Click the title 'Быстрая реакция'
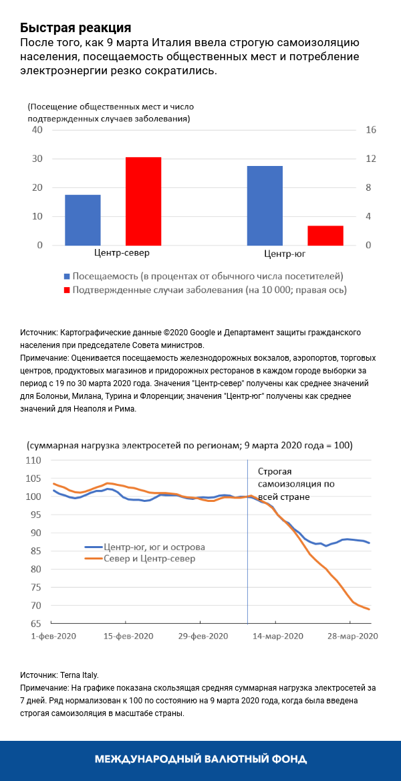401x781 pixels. pyautogui.click(x=75, y=27)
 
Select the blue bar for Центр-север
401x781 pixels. pyautogui.click(x=82, y=220)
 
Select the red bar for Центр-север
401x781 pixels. pyautogui.click(x=144, y=201)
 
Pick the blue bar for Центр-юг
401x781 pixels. pyautogui.click(x=265, y=205)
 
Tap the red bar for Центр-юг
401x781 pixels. pyautogui.click(x=325, y=236)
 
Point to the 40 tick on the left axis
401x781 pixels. pyautogui.click(x=37, y=130)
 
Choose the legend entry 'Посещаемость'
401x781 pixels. pyautogui.click(x=208, y=276)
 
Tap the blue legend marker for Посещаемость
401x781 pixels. pyautogui.click(x=66, y=276)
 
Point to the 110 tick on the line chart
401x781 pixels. pyautogui.click(x=33, y=461)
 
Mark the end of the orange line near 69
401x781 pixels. pyautogui.click(x=370, y=609)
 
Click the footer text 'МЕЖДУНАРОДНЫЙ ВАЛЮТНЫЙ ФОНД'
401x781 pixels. pyautogui.click(x=200, y=759)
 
